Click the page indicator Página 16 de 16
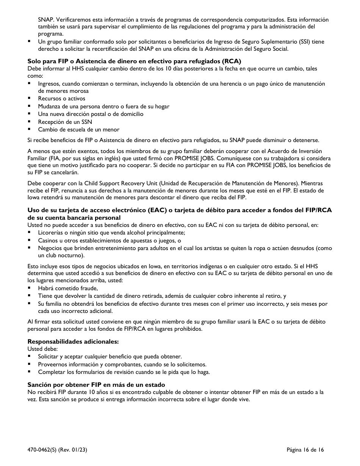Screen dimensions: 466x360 pos(305,450)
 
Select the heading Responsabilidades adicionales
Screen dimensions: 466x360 pos(73,341)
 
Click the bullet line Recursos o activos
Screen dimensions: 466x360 pos(61,99)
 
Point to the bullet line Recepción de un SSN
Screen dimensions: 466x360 pos(65,122)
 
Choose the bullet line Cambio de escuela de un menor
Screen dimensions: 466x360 pos(78,129)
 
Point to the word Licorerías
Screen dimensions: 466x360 pos(50,233)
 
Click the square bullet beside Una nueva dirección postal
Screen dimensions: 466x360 pos(29,114)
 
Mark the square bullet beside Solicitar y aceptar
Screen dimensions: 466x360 pos(29,357)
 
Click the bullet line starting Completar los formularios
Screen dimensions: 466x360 pos(124,372)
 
